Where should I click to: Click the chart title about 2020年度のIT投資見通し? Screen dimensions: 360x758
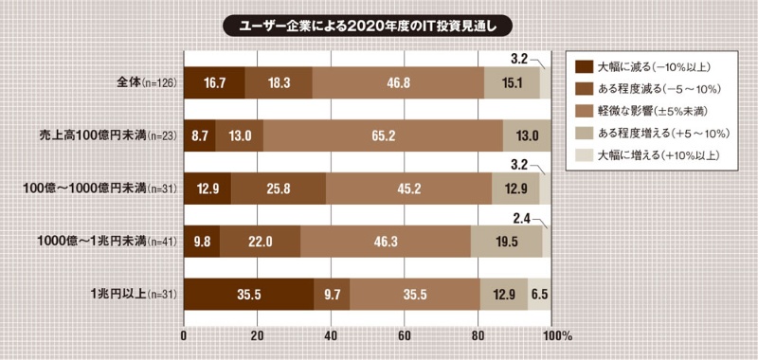[380, 21]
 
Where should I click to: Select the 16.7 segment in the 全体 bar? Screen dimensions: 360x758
[214, 82]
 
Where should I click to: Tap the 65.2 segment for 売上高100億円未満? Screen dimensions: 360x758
[384, 135]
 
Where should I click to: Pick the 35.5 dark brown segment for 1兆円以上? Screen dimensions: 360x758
[248, 295]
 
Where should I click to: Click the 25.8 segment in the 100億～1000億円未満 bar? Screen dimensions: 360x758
[278, 189]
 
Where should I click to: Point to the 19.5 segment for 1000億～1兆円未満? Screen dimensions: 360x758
[507, 242]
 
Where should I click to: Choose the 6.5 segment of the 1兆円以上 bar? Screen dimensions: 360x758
[539, 295]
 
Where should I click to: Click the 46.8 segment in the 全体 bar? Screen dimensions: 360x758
[399, 82]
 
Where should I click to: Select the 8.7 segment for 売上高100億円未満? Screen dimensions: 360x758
[200, 135]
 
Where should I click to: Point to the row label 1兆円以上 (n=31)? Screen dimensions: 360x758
[134, 296]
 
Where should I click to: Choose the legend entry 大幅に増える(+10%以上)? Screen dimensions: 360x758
[654, 153]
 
